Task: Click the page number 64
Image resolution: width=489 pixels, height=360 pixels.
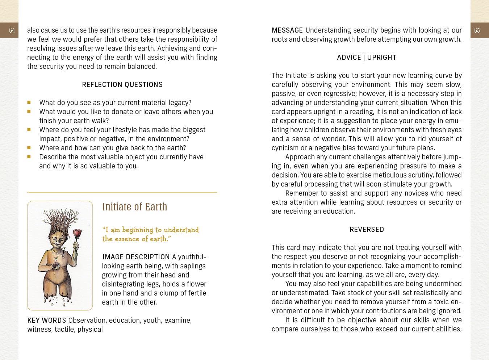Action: click(x=12, y=30)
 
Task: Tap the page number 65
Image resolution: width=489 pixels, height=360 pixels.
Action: click(x=477, y=30)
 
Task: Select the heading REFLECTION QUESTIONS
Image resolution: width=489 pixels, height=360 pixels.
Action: click(x=122, y=85)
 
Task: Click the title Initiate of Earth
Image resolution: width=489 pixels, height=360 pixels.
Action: click(x=135, y=207)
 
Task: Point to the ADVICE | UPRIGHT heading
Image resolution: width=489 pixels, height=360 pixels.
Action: click(x=367, y=58)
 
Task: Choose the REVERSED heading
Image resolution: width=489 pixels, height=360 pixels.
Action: click(x=367, y=230)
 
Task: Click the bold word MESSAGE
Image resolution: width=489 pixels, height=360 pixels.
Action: click(x=287, y=30)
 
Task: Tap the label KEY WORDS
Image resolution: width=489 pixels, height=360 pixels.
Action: click(x=46, y=321)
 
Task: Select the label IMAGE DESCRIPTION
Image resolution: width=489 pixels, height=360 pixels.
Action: click(x=136, y=257)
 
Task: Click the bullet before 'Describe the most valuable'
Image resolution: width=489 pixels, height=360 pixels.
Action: click(x=29, y=157)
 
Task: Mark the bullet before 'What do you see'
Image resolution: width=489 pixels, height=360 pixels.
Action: click(x=29, y=102)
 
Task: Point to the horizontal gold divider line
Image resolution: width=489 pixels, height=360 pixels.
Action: click(x=122, y=192)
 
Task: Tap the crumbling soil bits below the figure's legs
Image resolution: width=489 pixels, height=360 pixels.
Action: click(x=58, y=301)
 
